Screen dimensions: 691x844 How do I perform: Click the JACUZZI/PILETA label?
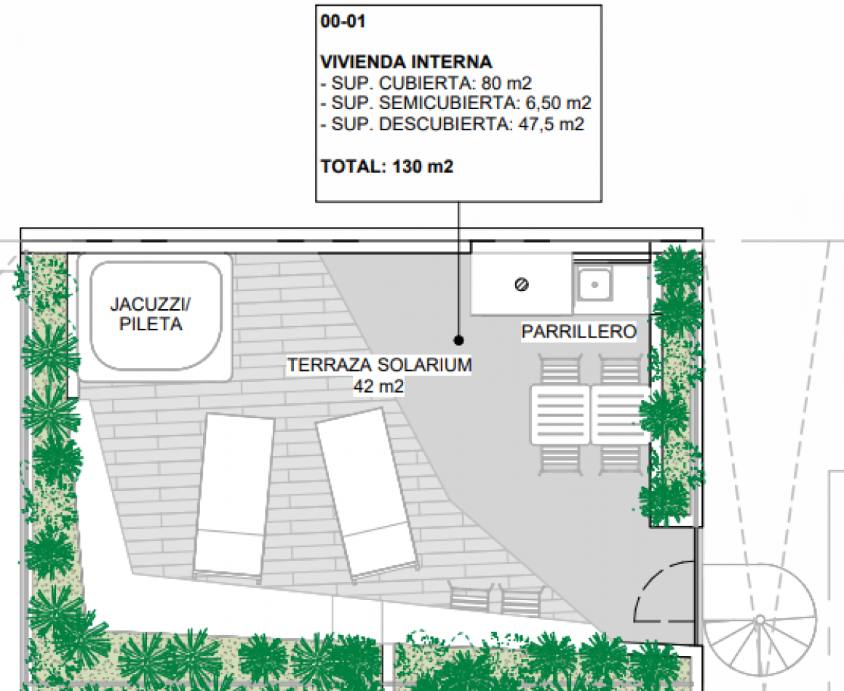(x=151, y=313)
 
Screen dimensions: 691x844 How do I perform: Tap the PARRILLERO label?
(x=578, y=332)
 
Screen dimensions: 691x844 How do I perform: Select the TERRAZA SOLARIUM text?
(x=379, y=365)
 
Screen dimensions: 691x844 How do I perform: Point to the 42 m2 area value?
(x=379, y=386)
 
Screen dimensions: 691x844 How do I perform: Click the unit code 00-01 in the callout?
(x=343, y=22)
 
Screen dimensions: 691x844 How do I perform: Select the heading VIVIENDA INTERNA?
(x=406, y=62)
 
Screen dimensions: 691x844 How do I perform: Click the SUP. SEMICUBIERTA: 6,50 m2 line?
(x=455, y=103)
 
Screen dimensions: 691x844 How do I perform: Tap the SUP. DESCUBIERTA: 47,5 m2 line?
(x=452, y=124)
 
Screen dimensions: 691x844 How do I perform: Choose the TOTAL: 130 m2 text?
(x=387, y=167)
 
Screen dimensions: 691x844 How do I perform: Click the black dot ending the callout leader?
(x=458, y=340)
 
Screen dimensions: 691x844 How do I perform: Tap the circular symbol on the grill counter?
(x=521, y=284)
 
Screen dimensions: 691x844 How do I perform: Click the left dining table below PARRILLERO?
(x=560, y=415)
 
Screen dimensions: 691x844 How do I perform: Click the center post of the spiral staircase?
(x=759, y=620)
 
